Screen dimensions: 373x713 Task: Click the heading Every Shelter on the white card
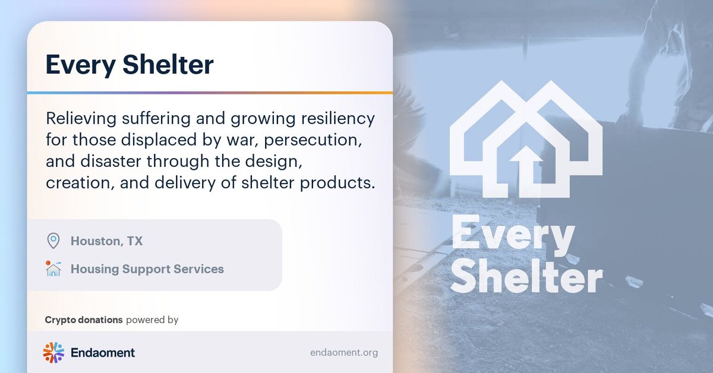(x=130, y=65)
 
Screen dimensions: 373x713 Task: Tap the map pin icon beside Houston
(x=53, y=241)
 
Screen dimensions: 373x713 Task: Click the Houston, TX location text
(x=106, y=241)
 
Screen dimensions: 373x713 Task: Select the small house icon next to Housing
(x=53, y=268)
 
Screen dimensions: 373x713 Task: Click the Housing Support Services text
(x=147, y=269)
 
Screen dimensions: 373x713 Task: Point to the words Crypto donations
(x=84, y=320)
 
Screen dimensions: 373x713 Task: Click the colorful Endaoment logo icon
(x=53, y=352)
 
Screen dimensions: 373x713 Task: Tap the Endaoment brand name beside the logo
(x=102, y=353)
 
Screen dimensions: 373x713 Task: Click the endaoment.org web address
(x=343, y=353)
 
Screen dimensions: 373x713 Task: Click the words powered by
(x=152, y=320)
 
